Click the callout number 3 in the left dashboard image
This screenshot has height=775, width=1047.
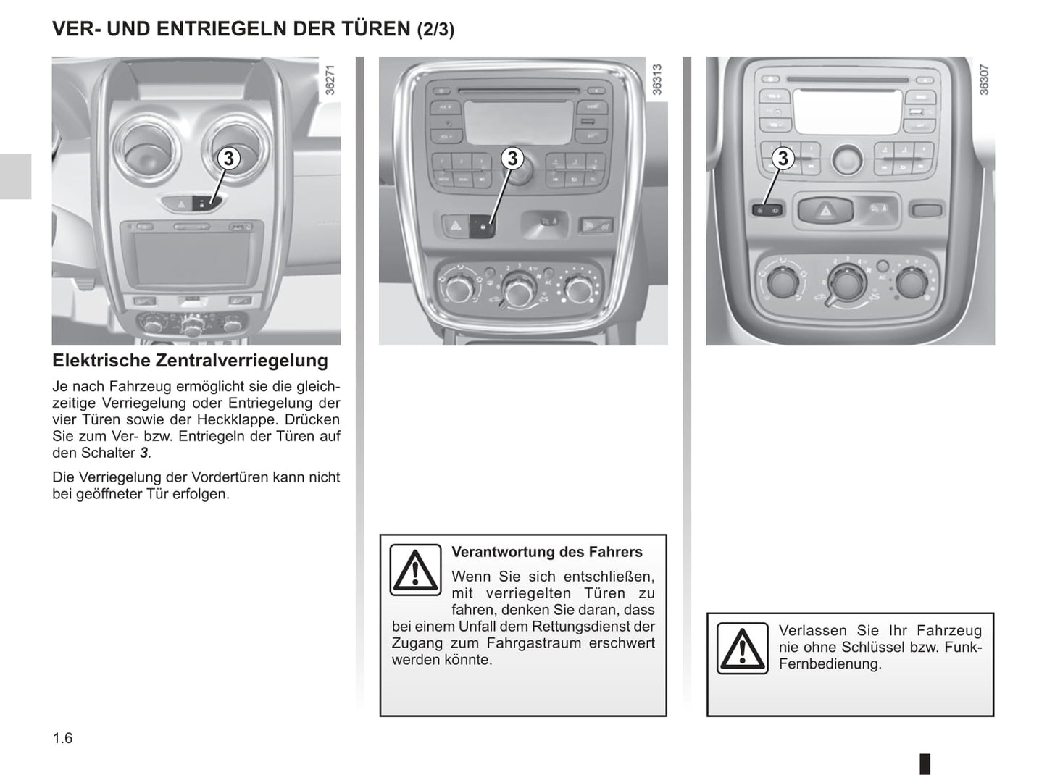click(x=228, y=159)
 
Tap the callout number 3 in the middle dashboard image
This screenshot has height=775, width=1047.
click(x=513, y=158)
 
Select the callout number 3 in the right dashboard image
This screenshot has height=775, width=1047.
click(x=783, y=158)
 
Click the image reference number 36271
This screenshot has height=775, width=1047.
click(x=330, y=80)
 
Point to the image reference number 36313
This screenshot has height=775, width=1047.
click(x=657, y=80)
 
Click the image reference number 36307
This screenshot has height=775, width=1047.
click(x=984, y=80)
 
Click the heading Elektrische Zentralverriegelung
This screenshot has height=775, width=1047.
click(x=191, y=361)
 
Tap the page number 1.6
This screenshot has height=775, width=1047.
click(x=63, y=738)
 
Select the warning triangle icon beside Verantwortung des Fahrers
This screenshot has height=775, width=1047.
click(x=415, y=570)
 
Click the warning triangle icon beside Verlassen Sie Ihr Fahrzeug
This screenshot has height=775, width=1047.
click(x=743, y=648)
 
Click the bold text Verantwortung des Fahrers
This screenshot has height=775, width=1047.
click(x=547, y=552)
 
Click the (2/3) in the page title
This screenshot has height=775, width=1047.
click(x=435, y=29)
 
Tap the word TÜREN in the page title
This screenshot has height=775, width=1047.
click(x=376, y=28)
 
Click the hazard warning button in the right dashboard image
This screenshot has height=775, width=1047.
click(x=825, y=210)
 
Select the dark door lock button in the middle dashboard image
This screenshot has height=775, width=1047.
click(x=482, y=226)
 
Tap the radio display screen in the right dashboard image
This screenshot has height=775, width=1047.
click(x=847, y=112)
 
